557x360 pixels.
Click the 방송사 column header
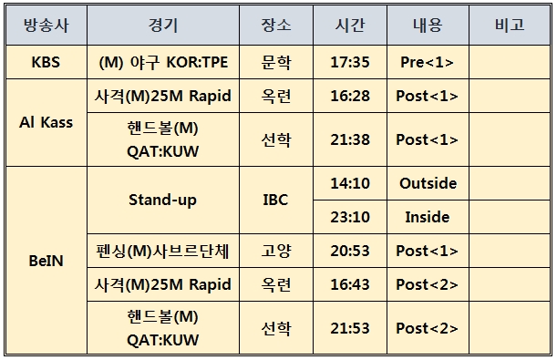coord(46,26)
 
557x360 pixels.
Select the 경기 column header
coord(163,26)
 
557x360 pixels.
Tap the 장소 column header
coord(276,26)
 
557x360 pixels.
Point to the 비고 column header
coord(510,26)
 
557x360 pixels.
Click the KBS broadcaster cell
coord(46,62)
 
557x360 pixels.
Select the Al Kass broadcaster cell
coord(46,122)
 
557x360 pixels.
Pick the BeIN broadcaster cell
coord(46,261)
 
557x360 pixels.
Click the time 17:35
coord(350,62)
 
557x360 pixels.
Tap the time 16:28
coord(350,96)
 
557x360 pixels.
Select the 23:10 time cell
coord(350,217)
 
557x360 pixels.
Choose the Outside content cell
coord(428,183)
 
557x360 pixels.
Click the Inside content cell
coord(428,217)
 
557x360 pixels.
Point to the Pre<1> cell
coord(427,62)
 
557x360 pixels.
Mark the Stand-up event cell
coord(162,200)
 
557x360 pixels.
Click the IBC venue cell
coord(275,200)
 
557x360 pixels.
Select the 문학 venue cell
coord(276,62)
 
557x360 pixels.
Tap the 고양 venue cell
coord(276,251)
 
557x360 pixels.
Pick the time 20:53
coord(350,251)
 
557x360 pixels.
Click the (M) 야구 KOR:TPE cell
coord(163,62)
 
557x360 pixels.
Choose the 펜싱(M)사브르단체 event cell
coord(162,251)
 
